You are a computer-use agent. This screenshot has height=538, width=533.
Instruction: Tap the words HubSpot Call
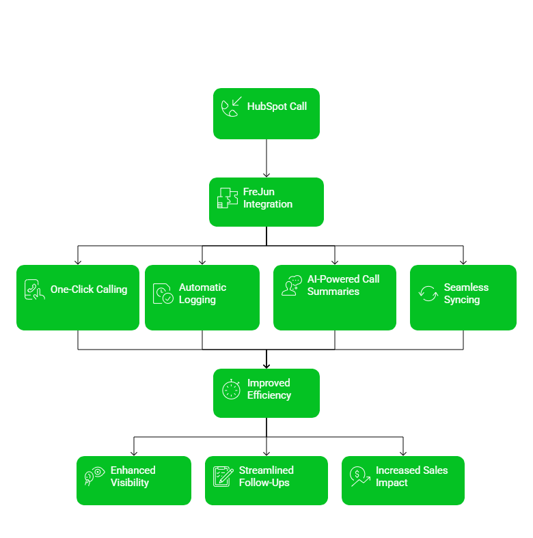click(x=277, y=107)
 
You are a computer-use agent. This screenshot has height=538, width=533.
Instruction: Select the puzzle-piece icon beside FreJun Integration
click(x=228, y=198)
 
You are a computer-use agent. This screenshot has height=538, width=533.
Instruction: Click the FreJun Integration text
click(x=267, y=198)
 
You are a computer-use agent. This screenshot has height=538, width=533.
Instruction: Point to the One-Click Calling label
click(x=89, y=289)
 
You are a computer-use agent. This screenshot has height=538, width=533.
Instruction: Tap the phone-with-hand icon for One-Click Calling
click(x=34, y=290)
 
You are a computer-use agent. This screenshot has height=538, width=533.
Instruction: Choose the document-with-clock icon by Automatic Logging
click(x=163, y=294)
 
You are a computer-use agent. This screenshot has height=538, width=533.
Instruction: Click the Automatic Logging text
click(x=202, y=294)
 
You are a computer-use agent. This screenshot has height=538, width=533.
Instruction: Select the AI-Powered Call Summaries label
click(x=343, y=285)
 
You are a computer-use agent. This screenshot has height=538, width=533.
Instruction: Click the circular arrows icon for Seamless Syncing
click(x=428, y=294)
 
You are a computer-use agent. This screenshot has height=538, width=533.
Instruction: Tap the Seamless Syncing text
click(x=466, y=294)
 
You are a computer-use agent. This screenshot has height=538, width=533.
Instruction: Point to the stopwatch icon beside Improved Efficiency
click(x=232, y=389)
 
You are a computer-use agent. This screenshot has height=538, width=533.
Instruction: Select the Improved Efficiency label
click(x=269, y=389)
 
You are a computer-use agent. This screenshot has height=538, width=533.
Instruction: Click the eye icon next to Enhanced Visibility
click(x=94, y=476)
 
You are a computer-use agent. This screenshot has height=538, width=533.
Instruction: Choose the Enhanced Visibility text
click(x=133, y=477)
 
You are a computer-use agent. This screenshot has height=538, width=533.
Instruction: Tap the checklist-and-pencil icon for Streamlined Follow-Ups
click(x=223, y=476)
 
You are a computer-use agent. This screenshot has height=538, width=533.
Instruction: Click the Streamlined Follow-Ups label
click(x=266, y=477)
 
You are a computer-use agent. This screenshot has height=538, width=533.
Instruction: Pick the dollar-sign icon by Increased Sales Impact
click(x=359, y=476)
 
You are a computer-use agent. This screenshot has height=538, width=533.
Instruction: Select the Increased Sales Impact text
click(x=411, y=477)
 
